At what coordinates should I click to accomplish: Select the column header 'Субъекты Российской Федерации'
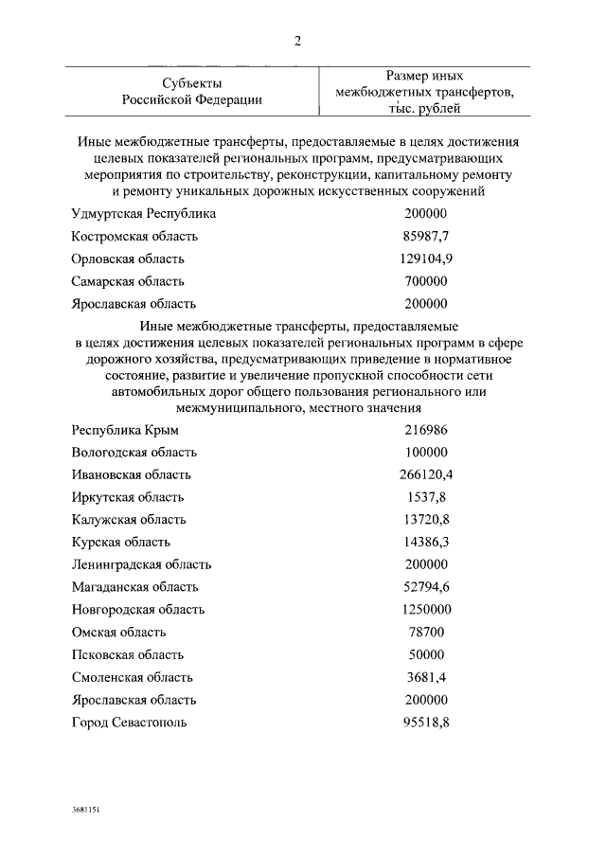(x=192, y=91)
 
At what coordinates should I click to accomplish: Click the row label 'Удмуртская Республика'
(x=144, y=214)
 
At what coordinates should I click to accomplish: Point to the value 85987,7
(x=424, y=237)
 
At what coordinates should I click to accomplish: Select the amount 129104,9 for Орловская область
(x=424, y=259)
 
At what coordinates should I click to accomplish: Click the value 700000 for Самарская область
(x=424, y=281)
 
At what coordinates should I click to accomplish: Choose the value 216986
(x=424, y=430)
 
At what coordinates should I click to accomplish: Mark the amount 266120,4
(x=424, y=474)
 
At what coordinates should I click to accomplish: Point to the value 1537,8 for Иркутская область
(x=424, y=497)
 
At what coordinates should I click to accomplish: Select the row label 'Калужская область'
(x=129, y=520)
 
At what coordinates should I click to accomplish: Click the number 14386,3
(x=424, y=543)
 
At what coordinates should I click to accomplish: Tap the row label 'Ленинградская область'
(x=141, y=564)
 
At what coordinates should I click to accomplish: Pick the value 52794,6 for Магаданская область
(x=424, y=587)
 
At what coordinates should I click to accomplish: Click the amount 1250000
(x=424, y=610)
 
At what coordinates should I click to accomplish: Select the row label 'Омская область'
(x=119, y=633)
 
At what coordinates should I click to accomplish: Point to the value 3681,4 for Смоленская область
(x=424, y=677)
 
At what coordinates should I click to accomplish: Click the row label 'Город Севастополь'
(x=130, y=723)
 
